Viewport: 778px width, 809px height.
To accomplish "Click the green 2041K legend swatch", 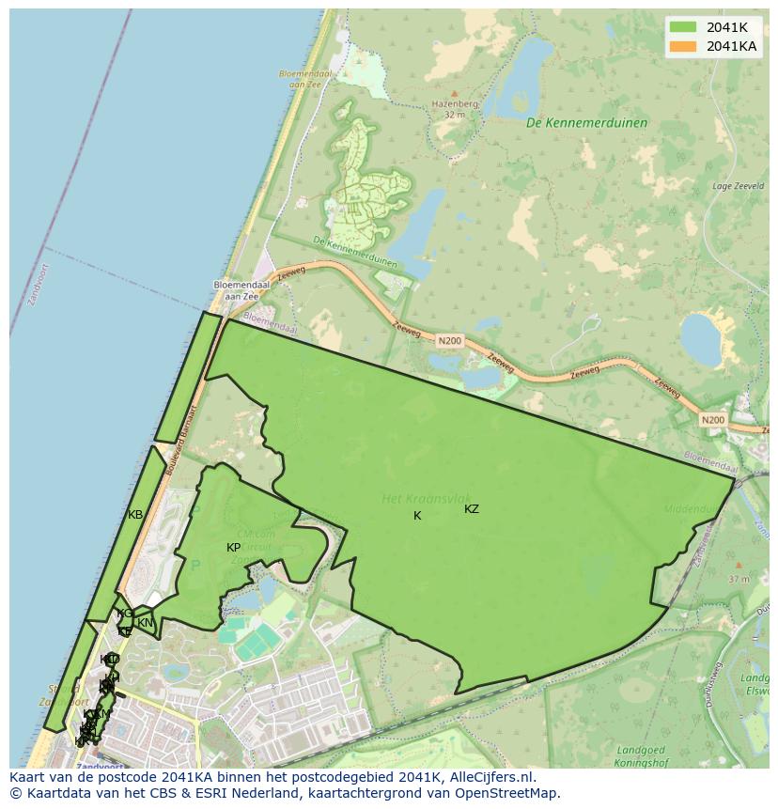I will click(683, 27).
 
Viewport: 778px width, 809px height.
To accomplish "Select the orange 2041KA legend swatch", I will click(683, 46).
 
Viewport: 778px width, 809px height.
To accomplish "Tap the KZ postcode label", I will click(472, 509).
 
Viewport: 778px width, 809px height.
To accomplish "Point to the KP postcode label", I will click(234, 548).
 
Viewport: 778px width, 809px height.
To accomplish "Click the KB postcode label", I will click(135, 515).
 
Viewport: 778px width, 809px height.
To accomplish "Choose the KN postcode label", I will click(145, 622).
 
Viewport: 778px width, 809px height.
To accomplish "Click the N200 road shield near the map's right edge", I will click(713, 419).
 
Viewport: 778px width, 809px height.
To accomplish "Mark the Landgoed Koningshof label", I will click(646, 755).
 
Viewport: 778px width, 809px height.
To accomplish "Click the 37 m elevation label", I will click(739, 579).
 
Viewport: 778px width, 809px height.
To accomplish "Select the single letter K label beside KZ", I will click(417, 516).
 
